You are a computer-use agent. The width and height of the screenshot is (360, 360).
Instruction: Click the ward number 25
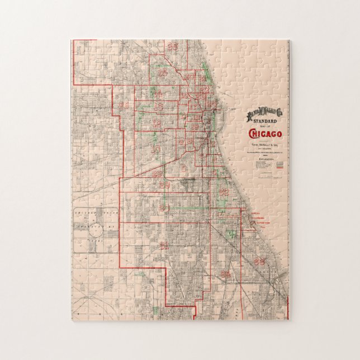tap(163, 73)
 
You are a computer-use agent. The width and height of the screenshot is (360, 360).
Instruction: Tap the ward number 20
tap(190, 77)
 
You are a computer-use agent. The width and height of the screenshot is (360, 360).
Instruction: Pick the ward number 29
tap(164, 183)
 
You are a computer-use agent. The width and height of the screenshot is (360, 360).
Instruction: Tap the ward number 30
tap(164, 208)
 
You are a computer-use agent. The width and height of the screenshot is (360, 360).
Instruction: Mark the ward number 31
tap(164, 245)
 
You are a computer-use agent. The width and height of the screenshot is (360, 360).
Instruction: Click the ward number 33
tap(259, 260)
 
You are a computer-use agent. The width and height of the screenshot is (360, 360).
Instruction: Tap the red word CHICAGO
tap(265, 134)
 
